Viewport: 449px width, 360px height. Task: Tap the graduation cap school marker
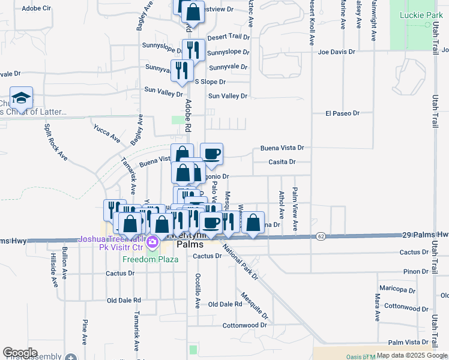(x=21, y=98)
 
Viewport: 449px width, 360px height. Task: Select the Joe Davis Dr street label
(x=333, y=52)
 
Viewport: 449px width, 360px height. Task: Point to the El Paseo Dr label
(x=342, y=113)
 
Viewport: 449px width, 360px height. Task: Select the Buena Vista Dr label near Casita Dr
(x=282, y=148)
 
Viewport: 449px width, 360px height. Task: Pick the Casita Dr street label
(x=282, y=162)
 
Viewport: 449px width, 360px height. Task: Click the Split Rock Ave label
(x=54, y=142)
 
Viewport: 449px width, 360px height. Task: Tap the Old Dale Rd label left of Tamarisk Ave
(x=124, y=300)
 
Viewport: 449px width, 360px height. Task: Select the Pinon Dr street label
(x=416, y=272)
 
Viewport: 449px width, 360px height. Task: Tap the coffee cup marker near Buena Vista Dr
(x=211, y=154)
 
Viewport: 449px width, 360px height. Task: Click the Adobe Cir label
(x=37, y=9)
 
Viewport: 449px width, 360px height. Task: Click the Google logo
(x=20, y=353)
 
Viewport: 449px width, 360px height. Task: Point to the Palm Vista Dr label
(x=408, y=342)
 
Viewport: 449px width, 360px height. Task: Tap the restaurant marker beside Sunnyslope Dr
(x=193, y=49)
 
